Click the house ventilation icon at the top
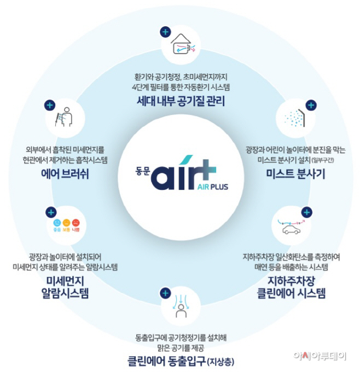click(x=183, y=44)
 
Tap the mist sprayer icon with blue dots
click(x=295, y=118)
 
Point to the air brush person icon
click(x=64, y=117)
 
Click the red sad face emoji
click(x=76, y=223)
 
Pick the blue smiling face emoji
click(x=57, y=223)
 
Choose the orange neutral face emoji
click(x=66, y=223)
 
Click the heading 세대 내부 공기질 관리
click(x=181, y=101)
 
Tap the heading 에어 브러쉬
click(x=65, y=174)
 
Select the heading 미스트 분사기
click(x=295, y=174)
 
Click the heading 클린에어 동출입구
click(x=166, y=361)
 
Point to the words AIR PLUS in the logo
click(x=213, y=187)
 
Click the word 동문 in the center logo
click(x=143, y=171)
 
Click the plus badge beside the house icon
click(x=165, y=32)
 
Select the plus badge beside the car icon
click(x=306, y=212)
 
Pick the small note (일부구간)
click(x=323, y=160)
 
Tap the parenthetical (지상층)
click(x=220, y=362)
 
